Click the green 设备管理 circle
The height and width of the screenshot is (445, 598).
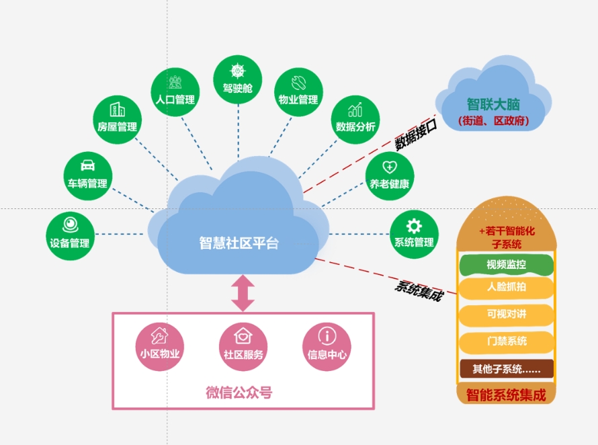70,235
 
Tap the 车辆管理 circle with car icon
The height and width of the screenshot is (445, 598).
87,175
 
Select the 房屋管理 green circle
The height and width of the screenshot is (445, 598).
117,119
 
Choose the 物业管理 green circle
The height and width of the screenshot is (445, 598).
298,92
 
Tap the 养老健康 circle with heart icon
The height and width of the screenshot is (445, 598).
389,176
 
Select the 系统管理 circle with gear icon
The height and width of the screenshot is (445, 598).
414,235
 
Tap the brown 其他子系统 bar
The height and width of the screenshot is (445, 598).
506,368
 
